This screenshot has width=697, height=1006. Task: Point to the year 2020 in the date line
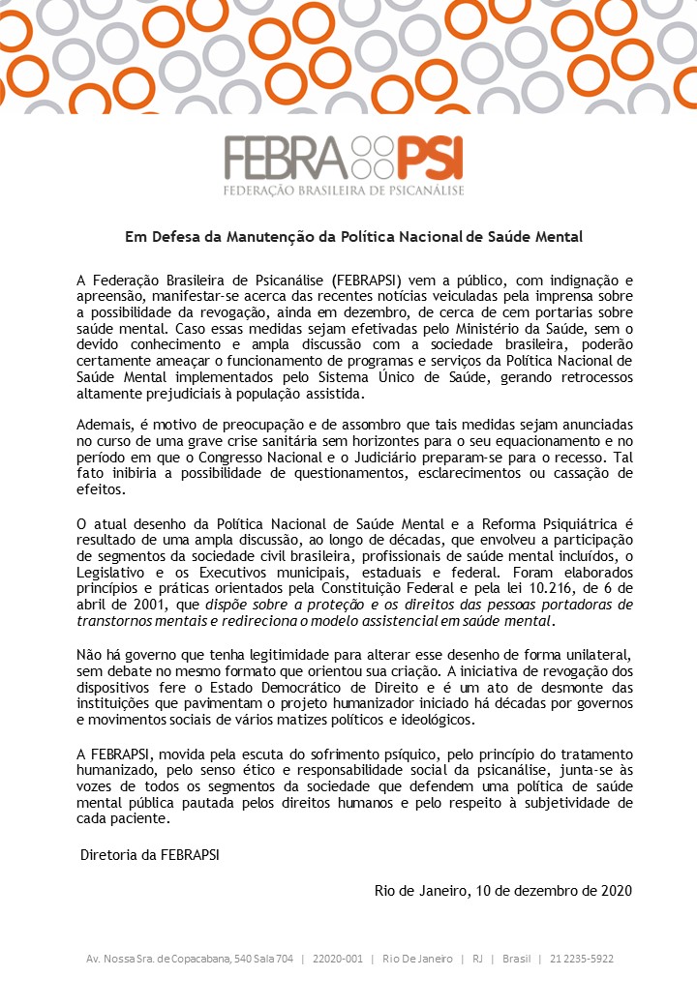614,890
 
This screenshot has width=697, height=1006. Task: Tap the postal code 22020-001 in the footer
338,959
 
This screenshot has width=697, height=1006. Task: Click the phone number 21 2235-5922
582,959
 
